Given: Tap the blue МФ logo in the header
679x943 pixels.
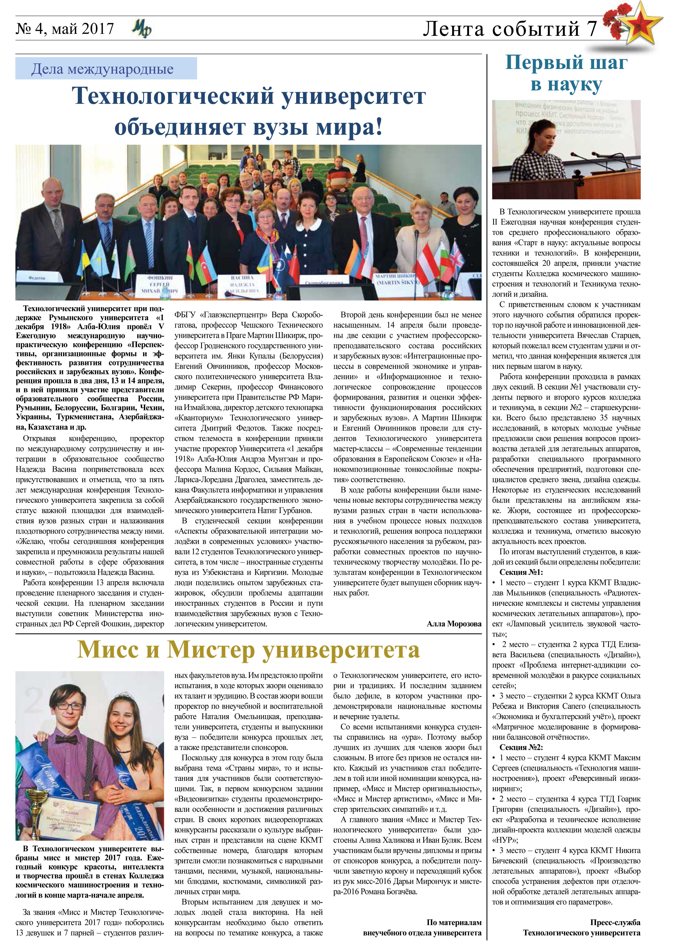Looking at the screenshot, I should point(142,29).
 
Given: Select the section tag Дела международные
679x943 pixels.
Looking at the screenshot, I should point(102,69).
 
